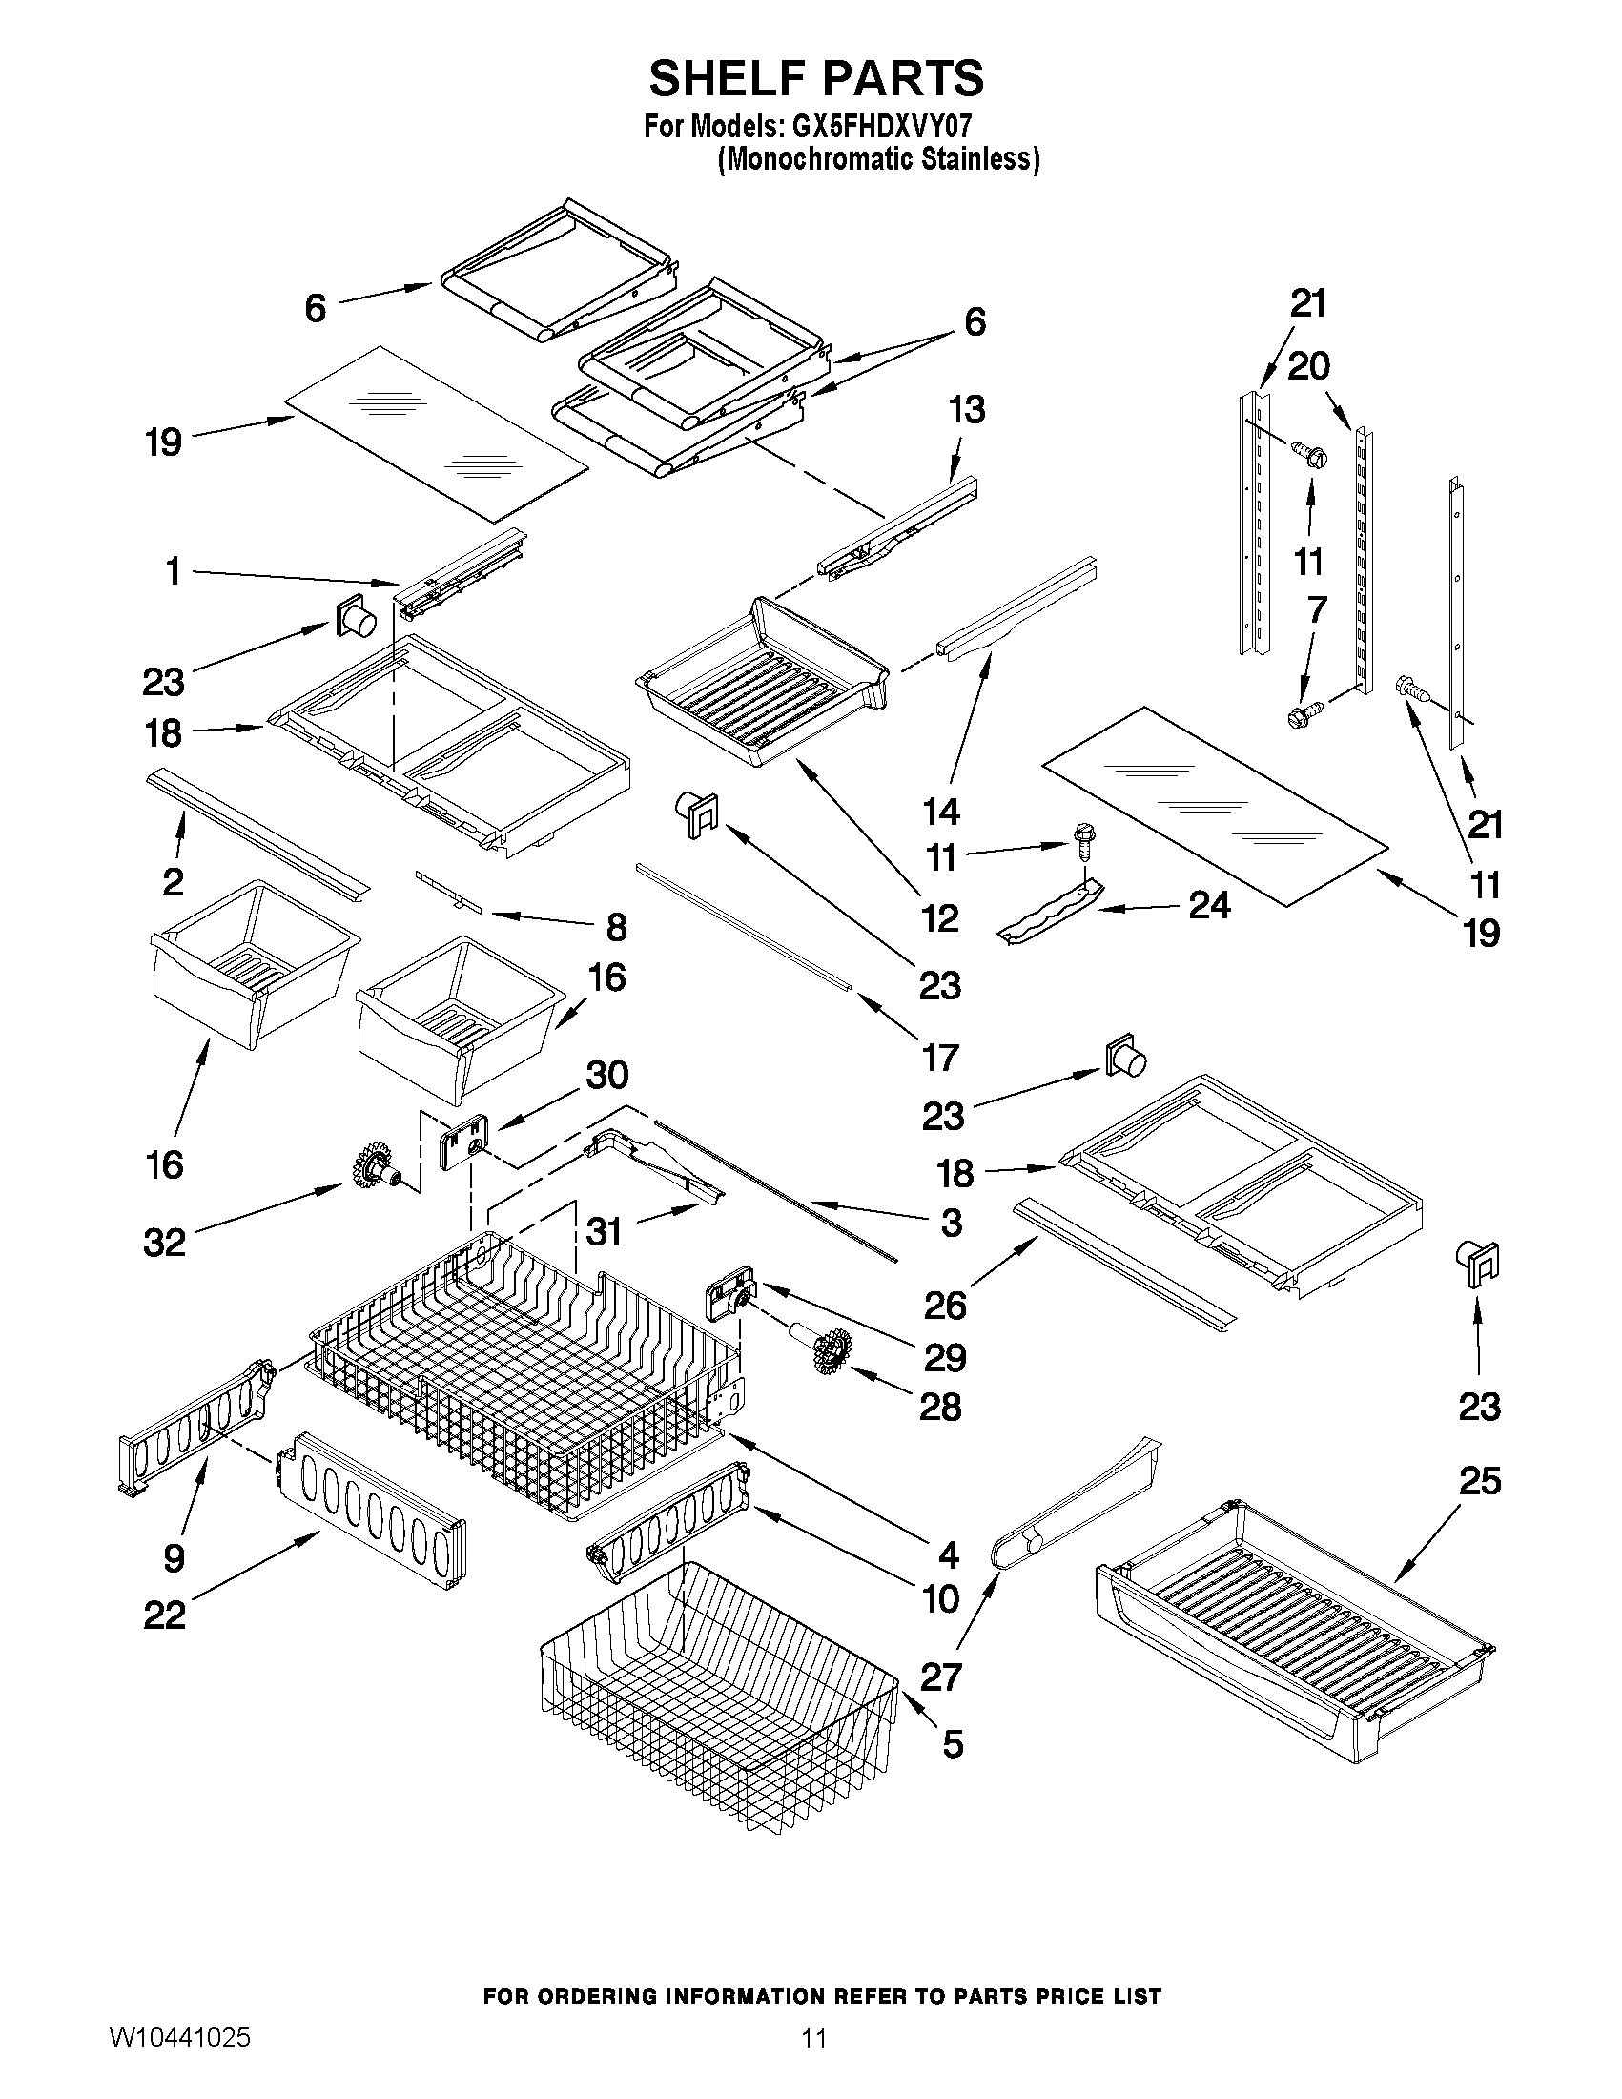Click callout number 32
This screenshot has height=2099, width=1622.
tap(163, 1243)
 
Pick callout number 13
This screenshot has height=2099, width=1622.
tap(967, 409)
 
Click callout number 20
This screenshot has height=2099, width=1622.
tap(1308, 366)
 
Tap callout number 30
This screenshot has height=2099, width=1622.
tap(606, 1075)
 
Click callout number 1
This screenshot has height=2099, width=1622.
tap(173, 572)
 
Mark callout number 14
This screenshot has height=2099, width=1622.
tap(941, 812)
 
